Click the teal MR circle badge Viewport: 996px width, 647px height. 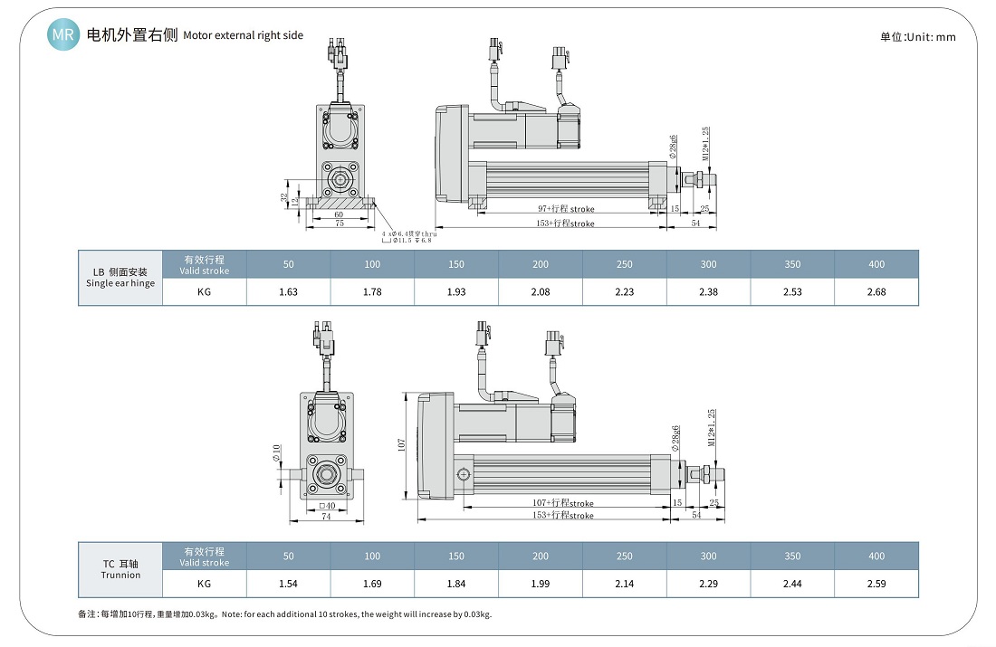(x=63, y=35)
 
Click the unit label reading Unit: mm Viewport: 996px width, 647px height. (x=917, y=37)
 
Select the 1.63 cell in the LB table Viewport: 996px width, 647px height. (x=288, y=291)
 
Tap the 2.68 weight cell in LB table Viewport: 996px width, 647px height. (x=876, y=291)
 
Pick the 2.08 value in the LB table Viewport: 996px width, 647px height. (x=540, y=291)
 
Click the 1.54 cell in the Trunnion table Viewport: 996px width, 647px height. (x=288, y=584)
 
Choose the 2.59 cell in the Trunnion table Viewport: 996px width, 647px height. (x=876, y=584)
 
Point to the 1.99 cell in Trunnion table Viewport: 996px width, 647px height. (x=540, y=584)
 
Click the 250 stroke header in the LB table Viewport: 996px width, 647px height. (x=624, y=264)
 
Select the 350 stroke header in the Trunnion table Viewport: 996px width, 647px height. (x=792, y=556)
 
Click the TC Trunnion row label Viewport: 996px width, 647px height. (x=120, y=569)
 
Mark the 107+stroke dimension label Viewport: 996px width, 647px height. (x=563, y=503)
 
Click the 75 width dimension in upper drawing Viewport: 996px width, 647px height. (x=339, y=224)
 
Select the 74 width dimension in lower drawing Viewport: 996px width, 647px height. (x=326, y=517)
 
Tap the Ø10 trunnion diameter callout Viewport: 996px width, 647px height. (x=277, y=453)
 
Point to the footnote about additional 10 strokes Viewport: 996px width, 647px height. (x=285, y=614)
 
